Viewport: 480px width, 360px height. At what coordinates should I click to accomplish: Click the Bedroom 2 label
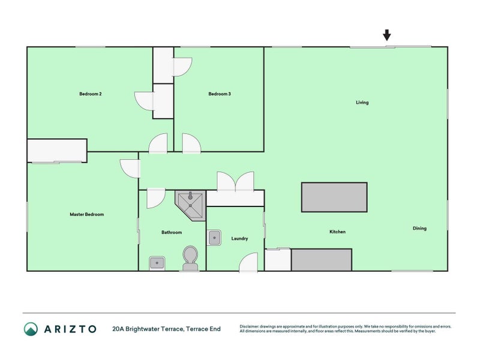90,94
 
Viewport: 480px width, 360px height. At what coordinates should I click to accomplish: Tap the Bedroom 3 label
220,94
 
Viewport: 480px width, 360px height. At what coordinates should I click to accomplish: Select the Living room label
362,103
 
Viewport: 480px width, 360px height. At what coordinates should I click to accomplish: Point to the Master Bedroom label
87,214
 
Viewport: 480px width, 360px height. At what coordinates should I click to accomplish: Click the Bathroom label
172,232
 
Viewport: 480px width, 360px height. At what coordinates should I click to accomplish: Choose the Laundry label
239,239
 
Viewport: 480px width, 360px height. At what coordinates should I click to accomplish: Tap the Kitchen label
337,232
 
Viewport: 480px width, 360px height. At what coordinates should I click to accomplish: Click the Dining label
420,228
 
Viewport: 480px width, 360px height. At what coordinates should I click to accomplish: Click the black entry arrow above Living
387,35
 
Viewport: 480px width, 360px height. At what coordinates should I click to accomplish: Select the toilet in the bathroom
190,257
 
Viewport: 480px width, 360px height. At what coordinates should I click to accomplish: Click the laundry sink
214,238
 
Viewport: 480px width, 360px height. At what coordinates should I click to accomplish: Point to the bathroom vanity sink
157,262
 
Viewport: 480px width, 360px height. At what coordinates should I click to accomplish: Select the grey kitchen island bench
334,197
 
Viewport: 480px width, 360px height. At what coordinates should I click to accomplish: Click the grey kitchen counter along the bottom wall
322,260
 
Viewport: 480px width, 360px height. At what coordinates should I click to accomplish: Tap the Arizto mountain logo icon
31,329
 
